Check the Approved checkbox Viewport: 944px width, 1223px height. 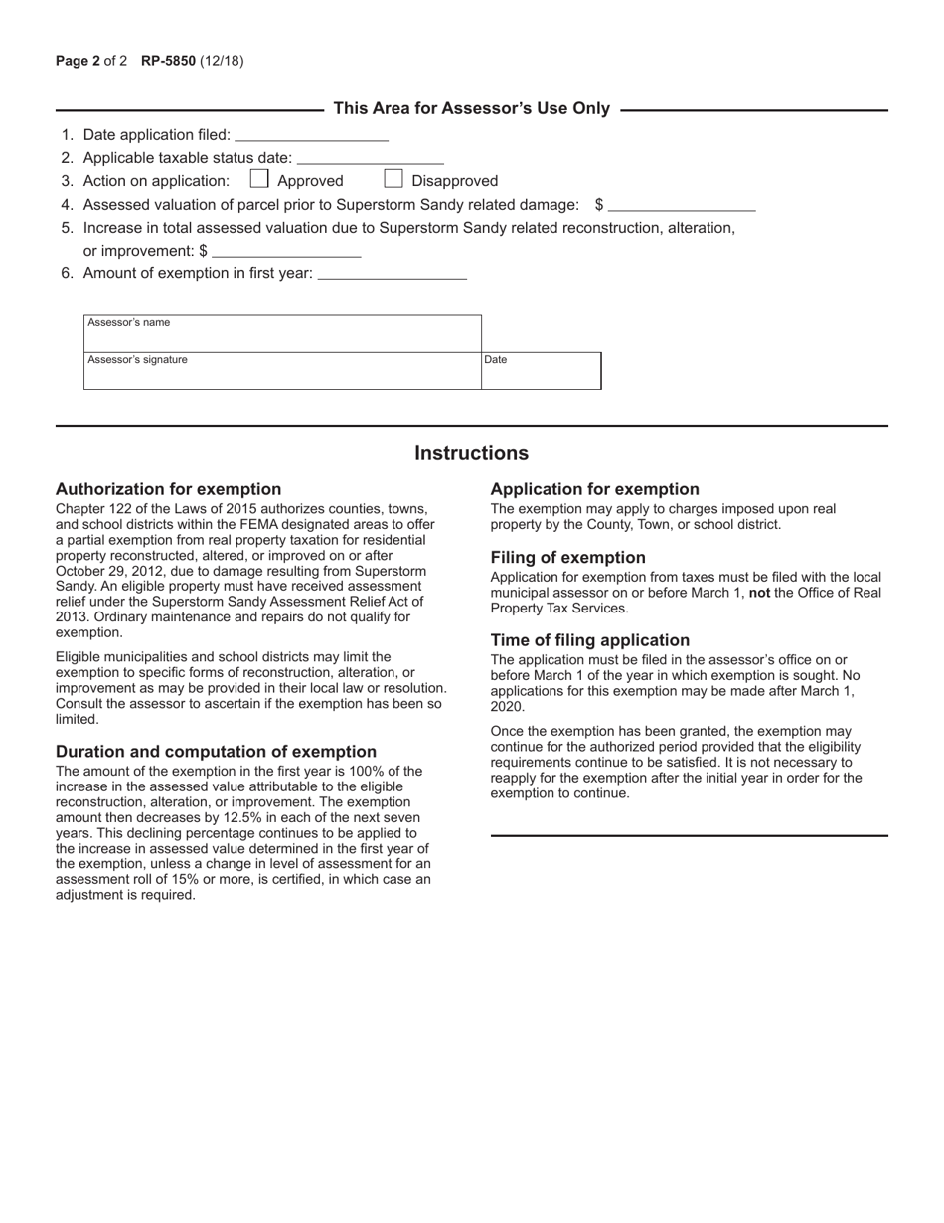coord(259,180)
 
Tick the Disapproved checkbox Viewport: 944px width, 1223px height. coord(393,180)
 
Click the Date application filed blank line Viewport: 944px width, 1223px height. coord(311,135)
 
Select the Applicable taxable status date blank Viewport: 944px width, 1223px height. coord(370,158)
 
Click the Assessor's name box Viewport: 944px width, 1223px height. coord(282,333)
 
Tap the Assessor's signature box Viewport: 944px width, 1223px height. coord(282,370)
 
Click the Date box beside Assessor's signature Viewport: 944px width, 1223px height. coord(542,370)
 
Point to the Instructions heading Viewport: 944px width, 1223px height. coord(471,454)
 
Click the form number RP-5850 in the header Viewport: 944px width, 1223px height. coord(168,61)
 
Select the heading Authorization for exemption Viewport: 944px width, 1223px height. coord(168,489)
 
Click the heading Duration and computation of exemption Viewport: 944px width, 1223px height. coord(216,752)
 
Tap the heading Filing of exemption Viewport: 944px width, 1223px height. coord(567,558)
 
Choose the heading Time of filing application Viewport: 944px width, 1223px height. coord(589,640)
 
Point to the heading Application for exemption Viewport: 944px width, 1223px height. coord(594,489)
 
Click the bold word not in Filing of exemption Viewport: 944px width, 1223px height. coord(759,593)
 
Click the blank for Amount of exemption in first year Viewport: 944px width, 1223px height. coord(392,274)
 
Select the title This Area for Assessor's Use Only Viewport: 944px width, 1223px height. coord(471,109)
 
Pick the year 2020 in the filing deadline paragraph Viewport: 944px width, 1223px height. coord(507,707)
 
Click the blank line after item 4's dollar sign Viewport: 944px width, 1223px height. coord(682,205)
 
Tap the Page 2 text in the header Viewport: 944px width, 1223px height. coord(78,61)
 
